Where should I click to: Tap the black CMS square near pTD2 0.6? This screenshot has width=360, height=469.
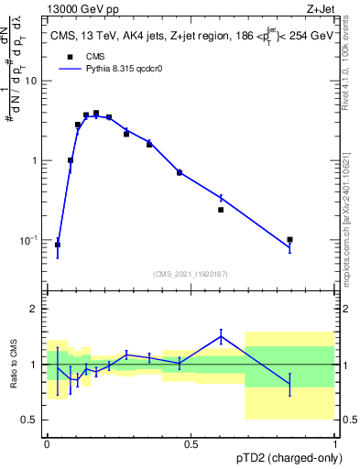coord(221,210)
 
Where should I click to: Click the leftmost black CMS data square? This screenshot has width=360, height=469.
coord(58,245)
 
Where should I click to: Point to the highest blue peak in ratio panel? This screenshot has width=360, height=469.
coord(221,336)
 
